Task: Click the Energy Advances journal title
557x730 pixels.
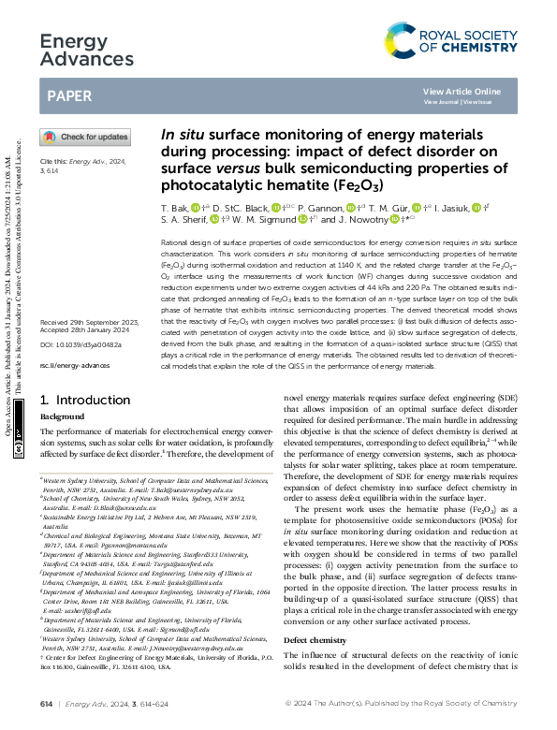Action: pos(76,51)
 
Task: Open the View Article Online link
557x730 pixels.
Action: pos(462,91)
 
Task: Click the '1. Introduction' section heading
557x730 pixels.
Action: pos(79,399)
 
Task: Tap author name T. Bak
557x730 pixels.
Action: pos(174,207)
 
